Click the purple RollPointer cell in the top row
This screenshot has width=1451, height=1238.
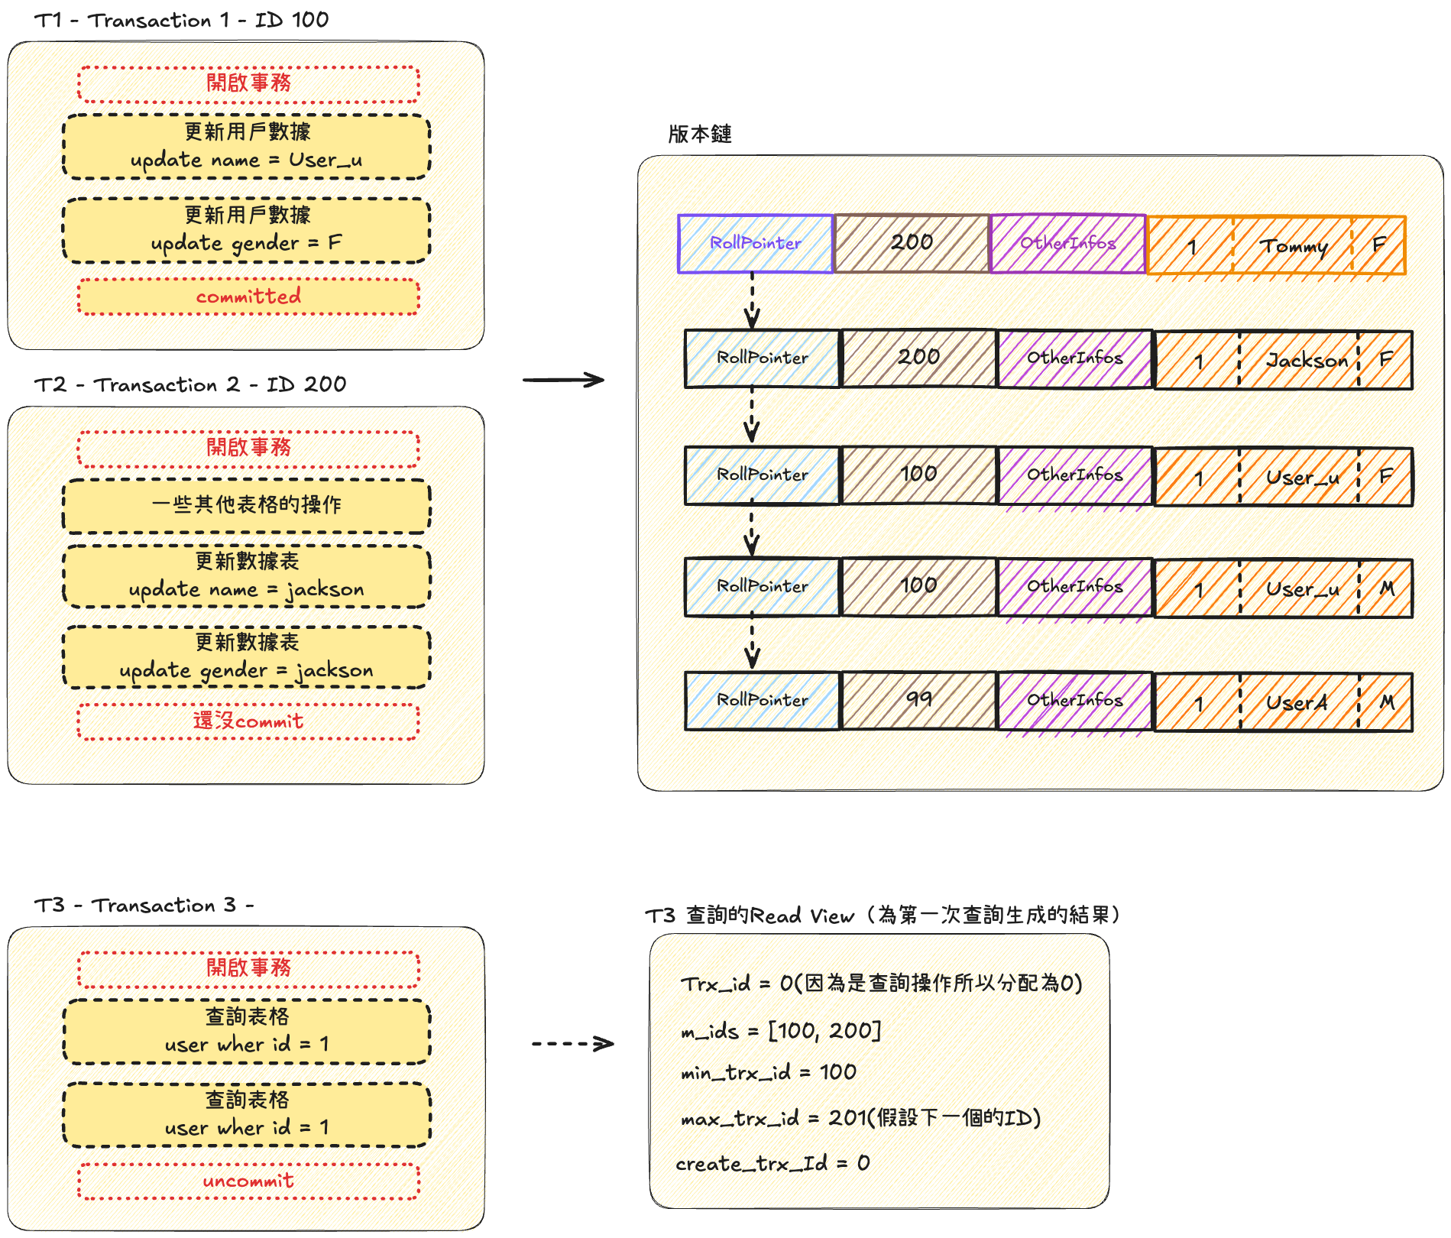[x=755, y=244]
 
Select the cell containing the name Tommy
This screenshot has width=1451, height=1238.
[x=1293, y=246]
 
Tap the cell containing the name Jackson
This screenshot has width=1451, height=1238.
[x=1300, y=360]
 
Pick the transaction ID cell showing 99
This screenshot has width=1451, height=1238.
[x=918, y=700]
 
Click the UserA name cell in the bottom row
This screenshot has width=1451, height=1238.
[x=1300, y=702]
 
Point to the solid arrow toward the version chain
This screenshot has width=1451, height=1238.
[x=564, y=380]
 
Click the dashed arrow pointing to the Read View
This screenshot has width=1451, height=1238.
[x=573, y=1044]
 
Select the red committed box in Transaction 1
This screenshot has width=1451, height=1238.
[x=248, y=297]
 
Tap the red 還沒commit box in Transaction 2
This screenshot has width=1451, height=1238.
[x=248, y=721]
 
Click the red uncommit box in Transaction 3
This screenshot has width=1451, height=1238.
[x=248, y=1181]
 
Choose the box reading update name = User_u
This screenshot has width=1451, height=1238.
[x=246, y=147]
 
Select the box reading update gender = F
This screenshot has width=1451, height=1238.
[x=246, y=230]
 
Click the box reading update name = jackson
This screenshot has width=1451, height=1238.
[x=246, y=576]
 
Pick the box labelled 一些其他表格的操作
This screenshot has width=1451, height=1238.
[x=246, y=505]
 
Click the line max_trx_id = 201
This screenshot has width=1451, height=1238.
[x=860, y=1119]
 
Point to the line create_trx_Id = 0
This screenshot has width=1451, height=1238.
[x=772, y=1164]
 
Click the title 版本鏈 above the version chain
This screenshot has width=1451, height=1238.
[x=699, y=134]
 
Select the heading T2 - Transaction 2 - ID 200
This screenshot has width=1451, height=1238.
[x=190, y=384]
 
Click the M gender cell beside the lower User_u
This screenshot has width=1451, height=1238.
[x=1386, y=588]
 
